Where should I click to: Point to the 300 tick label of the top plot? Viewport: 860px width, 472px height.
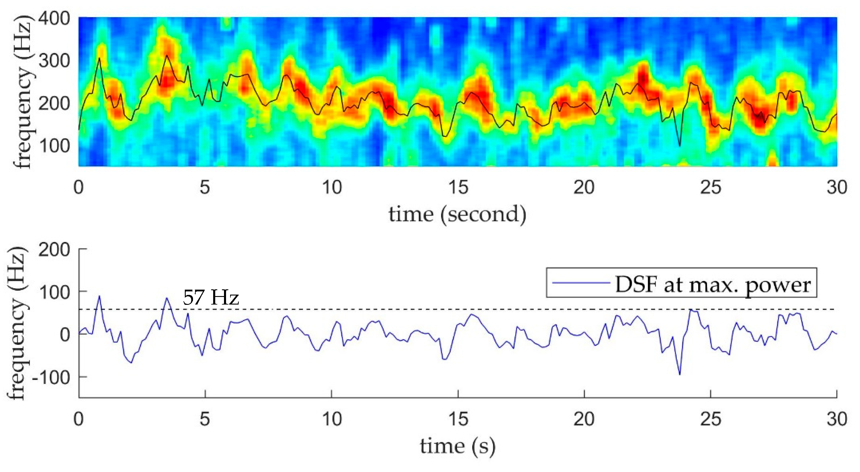pos(54,61)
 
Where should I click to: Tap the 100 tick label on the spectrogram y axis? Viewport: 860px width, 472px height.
pos(54,146)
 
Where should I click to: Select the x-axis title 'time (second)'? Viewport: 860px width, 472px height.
pos(457,215)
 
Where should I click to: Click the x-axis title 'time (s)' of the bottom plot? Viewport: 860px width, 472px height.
pos(457,446)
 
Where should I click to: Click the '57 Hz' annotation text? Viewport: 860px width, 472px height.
pos(211,297)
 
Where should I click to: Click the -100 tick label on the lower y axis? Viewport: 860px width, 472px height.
pos(51,377)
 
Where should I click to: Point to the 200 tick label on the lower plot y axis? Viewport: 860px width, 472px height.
pos(54,250)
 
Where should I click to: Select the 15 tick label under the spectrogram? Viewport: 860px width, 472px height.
pos(458,187)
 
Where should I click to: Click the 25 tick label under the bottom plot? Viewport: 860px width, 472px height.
pos(711,419)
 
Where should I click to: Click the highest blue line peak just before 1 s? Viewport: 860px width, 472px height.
pos(99,296)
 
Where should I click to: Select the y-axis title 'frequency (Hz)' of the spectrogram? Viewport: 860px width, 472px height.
pos(23,92)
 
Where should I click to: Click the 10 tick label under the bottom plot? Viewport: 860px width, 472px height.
pos(332,419)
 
